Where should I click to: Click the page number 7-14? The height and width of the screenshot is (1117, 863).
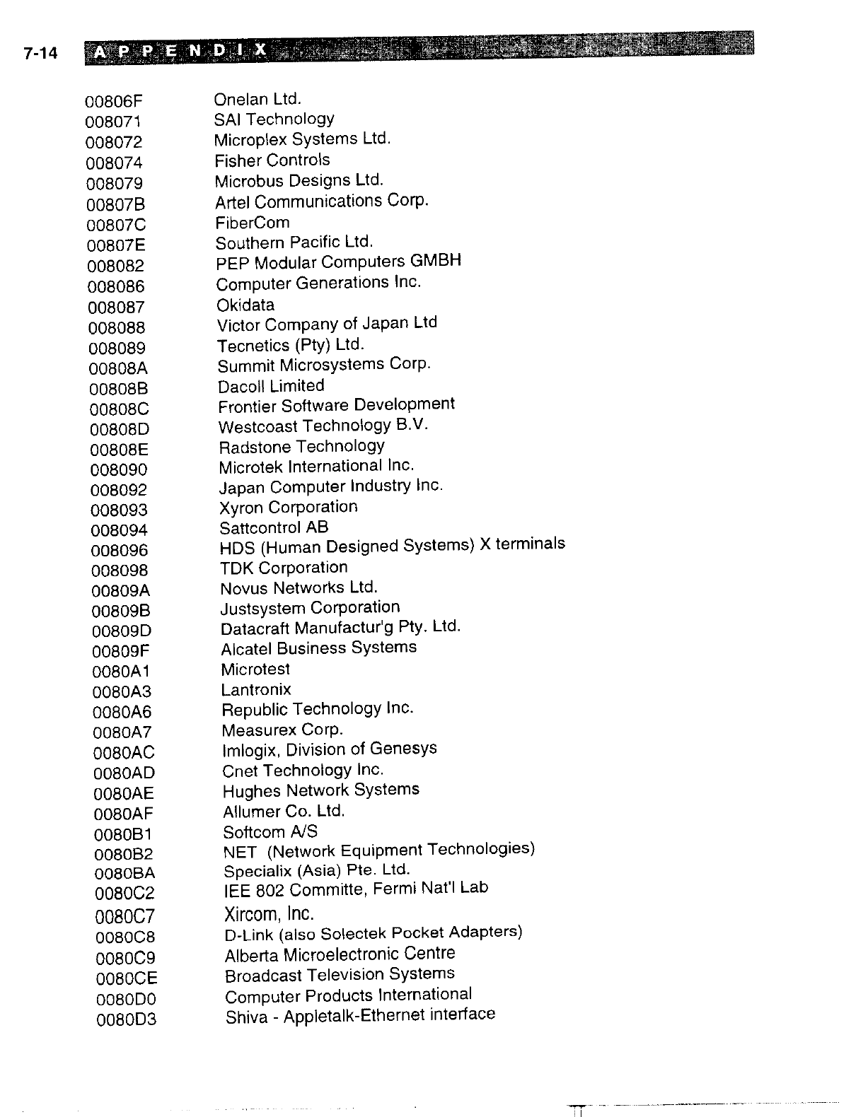pyautogui.click(x=40, y=54)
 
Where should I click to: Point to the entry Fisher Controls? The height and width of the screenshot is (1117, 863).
pyautogui.click(x=272, y=160)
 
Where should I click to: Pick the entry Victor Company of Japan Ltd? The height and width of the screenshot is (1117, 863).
pyautogui.click(x=327, y=324)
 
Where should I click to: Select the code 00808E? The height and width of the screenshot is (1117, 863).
pyautogui.click(x=120, y=450)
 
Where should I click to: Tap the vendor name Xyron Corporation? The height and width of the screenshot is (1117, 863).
pyautogui.click(x=289, y=507)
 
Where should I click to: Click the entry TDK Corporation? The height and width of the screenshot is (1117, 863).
pyautogui.click(x=284, y=568)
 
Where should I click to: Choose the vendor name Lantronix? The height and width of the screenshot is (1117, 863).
pyautogui.click(x=256, y=689)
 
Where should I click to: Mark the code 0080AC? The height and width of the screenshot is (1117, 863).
pyautogui.click(x=123, y=753)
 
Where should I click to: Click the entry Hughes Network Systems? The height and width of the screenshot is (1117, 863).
pyautogui.click(x=321, y=790)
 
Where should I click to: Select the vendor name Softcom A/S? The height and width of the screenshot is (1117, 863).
pyautogui.click(x=270, y=831)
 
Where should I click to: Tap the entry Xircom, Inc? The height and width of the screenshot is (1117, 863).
pyautogui.click(x=270, y=914)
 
